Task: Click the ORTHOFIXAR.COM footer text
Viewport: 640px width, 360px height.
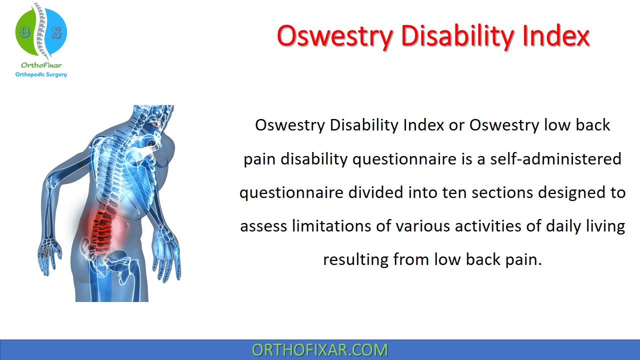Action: [x=320, y=349]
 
